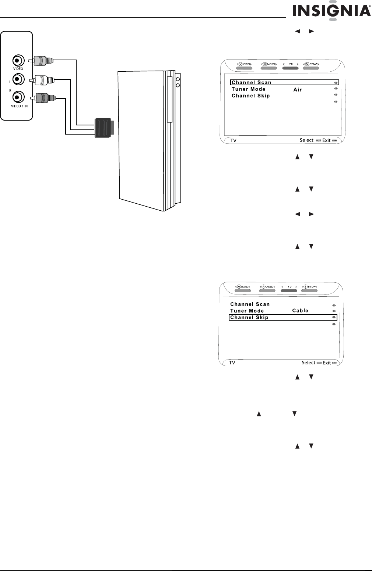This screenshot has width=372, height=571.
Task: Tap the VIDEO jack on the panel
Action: pyautogui.click(x=18, y=60)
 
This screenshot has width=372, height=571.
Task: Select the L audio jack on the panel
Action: pyautogui.click(x=18, y=79)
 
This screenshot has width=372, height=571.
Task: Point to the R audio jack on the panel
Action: pyautogui.click(x=18, y=97)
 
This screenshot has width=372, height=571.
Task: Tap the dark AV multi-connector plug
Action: pyautogui.click(x=104, y=128)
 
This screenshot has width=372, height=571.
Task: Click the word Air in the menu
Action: pyautogui.click(x=298, y=90)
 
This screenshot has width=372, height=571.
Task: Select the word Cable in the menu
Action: pyautogui.click(x=300, y=311)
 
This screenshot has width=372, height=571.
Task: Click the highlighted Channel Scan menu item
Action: pyautogui.click(x=252, y=82)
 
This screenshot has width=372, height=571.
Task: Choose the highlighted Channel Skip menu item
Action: pyautogui.click(x=249, y=317)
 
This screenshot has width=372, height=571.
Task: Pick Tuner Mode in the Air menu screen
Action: pyautogui.click(x=249, y=89)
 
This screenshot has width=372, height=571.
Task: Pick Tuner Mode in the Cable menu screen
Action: pyautogui.click(x=247, y=311)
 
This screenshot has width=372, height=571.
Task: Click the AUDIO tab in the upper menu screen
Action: pyautogui.click(x=269, y=64)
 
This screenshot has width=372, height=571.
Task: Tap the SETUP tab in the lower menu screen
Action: pyautogui.click(x=310, y=287)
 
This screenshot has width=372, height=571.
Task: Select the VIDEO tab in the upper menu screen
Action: pyautogui.click(x=243, y=64)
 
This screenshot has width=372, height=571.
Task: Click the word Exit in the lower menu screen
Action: pyautogui.click(x=327, y=363)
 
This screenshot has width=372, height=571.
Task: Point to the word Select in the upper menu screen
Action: pyautogui.click(x=306, y=140)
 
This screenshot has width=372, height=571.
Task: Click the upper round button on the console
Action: pyautogui.click(x=178, y=79)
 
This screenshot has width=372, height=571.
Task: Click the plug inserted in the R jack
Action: pyautogui.click(x=45, y=98)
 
